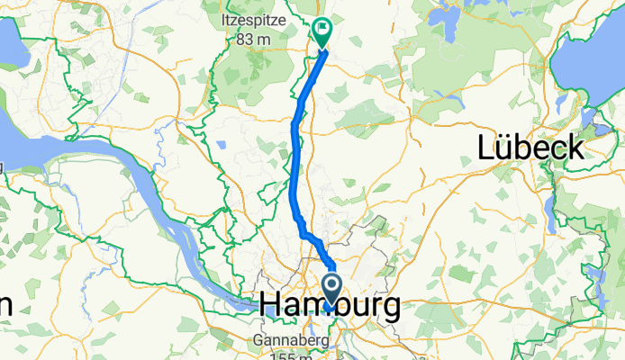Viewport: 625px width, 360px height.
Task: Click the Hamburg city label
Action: pyautogui.click(x=331, y=307)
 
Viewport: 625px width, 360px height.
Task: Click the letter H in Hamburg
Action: pyautogui.click(x=271, y=307)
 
